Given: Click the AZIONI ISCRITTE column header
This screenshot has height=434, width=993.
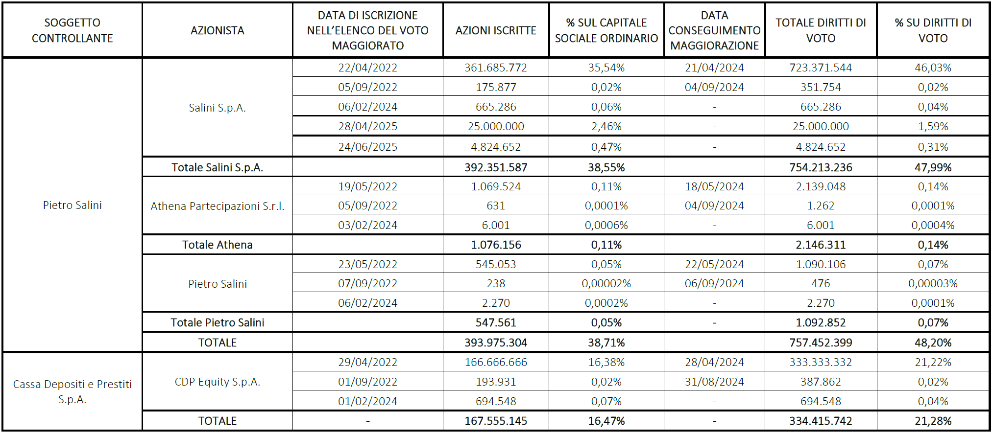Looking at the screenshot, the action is click(496, 30).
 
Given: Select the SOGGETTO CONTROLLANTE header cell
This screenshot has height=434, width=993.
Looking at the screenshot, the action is click(73, 30).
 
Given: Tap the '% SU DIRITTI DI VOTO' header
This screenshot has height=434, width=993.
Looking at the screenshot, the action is click(933, 30).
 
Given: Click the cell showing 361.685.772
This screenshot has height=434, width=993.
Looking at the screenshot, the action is click(496, 68).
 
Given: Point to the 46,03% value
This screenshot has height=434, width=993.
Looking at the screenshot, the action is click(933, 68).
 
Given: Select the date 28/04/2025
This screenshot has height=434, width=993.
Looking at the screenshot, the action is click(367, 126).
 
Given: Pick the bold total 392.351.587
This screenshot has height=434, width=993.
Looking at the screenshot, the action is click(496, 167).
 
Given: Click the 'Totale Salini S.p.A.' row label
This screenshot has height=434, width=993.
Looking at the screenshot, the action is click(218, 167).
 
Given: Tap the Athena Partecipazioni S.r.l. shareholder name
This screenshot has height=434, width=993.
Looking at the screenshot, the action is click(218, 206).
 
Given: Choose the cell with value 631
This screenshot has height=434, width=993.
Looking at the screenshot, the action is click(496, 206).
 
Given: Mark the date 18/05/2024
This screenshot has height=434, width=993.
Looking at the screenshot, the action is click(714, 186).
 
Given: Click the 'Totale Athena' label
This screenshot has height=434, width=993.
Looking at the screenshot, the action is click(218, 245).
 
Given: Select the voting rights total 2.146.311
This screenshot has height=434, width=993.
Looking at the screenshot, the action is click(821, 245).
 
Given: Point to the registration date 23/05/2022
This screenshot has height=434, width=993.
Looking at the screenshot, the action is click(367, 264).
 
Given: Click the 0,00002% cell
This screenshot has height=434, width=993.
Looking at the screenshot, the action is click(606, 283).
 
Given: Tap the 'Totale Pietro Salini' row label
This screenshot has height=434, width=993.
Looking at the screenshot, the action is click(218, 322).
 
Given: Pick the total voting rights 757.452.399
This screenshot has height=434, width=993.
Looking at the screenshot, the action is click(821, 343).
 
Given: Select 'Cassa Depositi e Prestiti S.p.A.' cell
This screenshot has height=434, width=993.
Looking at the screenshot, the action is click(73, 391).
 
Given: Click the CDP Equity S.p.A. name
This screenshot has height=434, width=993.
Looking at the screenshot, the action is click(218, 382).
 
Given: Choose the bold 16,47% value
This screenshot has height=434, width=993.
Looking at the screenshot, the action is click(606, 421).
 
